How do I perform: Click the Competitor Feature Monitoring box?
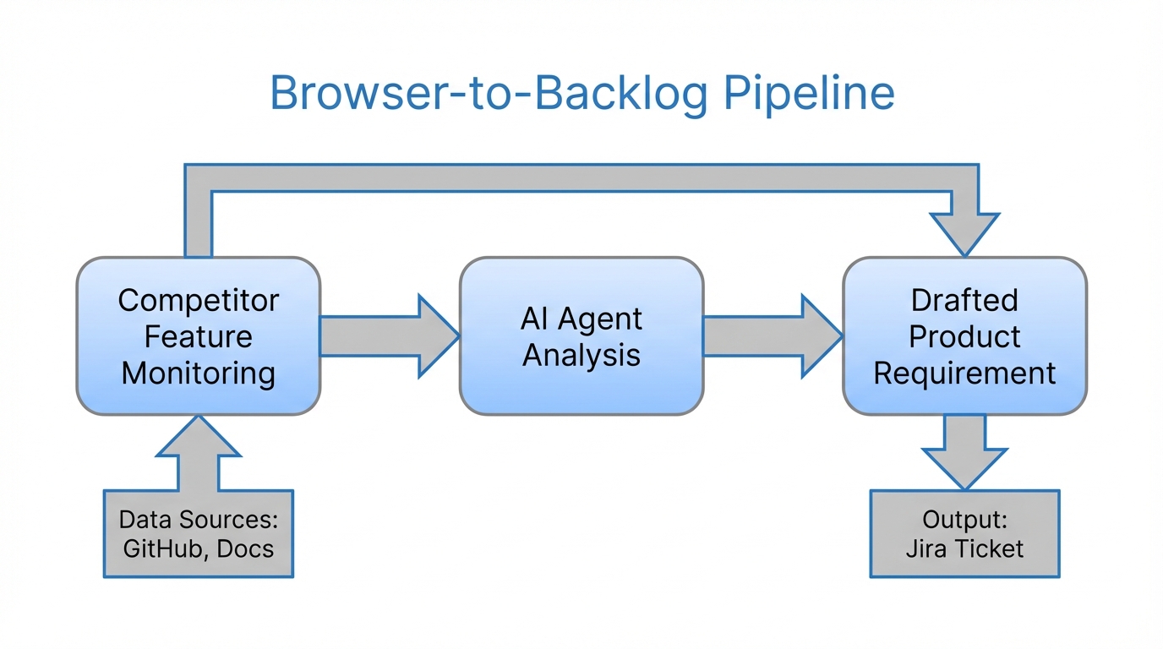(x=199, y=336)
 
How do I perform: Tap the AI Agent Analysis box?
(x=581, y=336)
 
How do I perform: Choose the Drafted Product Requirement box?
(x=964, y=336)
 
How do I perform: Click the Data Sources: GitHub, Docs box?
(x=199, y=533)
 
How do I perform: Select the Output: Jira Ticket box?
(x=964, y=533)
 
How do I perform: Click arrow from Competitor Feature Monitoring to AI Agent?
(x=389, y=336)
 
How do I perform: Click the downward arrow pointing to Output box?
(x=964, y=451)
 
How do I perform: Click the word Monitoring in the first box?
(x=199, y=373)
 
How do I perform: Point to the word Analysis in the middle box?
(x=581, y=354)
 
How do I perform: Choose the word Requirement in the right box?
(x=964, y=373)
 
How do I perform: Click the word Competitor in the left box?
(x=199, y=300)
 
